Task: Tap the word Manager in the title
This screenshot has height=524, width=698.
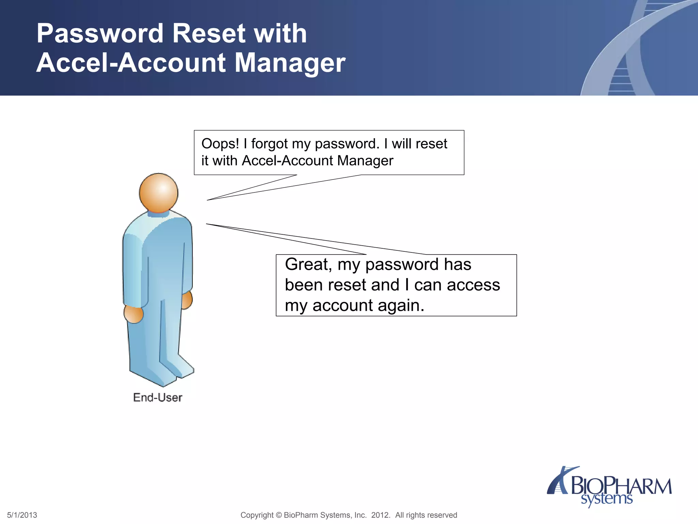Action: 290,63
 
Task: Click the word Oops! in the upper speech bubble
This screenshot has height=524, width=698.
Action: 220,144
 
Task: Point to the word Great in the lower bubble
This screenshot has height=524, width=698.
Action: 308,264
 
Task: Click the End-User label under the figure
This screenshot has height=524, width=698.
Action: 157,397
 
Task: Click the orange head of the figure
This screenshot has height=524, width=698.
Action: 158,193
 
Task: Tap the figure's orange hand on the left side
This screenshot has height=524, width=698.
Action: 133,315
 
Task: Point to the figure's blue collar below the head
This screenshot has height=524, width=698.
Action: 158,214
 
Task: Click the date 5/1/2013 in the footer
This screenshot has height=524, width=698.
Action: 22,515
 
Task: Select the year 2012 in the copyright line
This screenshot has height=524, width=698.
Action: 380,515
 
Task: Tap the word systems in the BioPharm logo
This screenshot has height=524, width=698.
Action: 607,499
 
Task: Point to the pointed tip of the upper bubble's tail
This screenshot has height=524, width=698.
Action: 208,200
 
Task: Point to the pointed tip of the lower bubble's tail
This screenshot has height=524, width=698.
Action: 207,224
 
